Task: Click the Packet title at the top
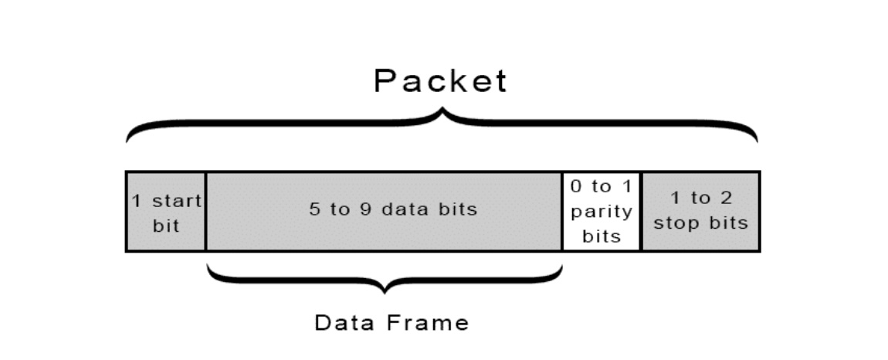tap(441, 80)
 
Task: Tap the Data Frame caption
tap(391, 322)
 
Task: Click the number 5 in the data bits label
tap(315, 209)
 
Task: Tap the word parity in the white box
tap(601, 211)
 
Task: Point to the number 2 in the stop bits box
tap(725, 199)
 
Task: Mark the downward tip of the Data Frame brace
tap(384, 293)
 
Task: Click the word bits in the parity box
tap(601, 236)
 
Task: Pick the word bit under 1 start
tap(165, 226)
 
